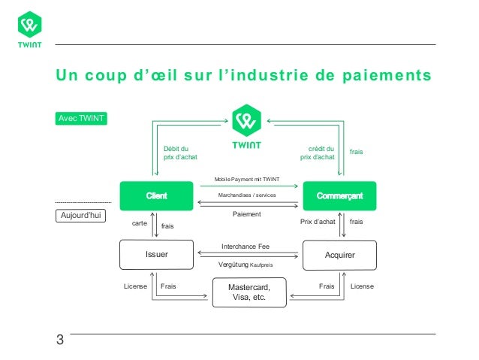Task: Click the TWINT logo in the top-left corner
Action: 29,29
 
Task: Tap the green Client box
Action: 157,196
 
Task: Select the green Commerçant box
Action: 339,196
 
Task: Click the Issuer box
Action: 157,255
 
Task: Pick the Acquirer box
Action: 339,255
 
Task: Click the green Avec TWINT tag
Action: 80,119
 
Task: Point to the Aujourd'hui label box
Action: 80,216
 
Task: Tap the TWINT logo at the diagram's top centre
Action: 247,128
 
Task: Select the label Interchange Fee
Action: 246,247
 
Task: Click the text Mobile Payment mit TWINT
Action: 247,180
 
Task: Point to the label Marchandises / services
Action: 247,195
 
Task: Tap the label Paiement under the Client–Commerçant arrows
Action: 247,214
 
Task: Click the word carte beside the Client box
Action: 140,223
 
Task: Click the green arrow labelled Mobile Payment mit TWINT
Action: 249,186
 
